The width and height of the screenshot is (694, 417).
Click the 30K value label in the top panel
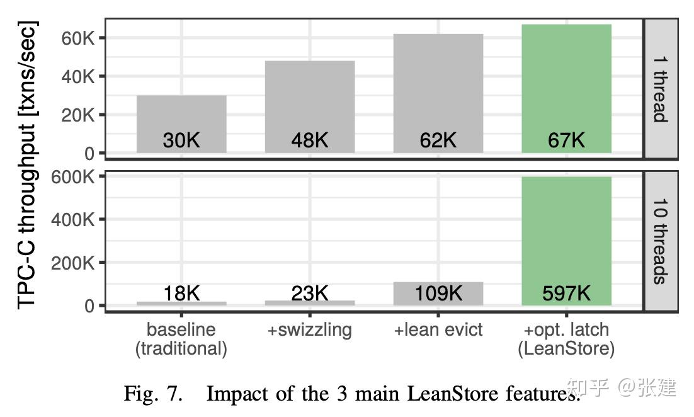point(181,140)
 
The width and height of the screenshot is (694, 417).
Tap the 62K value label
point(438,140)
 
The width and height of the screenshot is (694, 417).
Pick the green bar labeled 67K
point(566,82)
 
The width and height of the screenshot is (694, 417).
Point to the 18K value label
point(181,294)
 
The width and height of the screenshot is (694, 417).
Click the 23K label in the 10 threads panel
point(310,294)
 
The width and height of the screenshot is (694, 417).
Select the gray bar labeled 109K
point(438,294)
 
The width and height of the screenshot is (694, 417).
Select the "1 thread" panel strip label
point(660,89)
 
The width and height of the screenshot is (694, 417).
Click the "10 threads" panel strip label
point(660,241)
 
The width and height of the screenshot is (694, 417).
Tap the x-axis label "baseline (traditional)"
point(181,340)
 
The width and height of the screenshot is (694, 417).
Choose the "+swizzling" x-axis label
point(310,330)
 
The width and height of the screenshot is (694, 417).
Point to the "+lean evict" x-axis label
point(438,330)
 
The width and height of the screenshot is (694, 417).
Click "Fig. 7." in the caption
point(154,394)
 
